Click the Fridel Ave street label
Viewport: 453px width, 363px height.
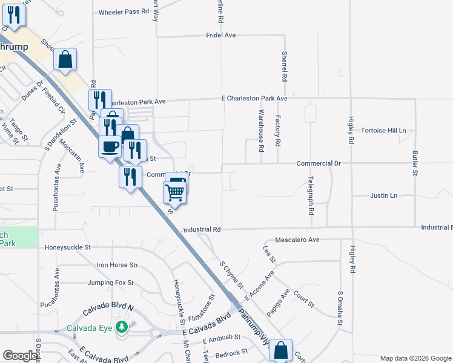(220, 36)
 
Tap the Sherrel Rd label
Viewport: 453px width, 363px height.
(283, 67)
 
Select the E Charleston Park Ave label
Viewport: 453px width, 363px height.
(254, 98)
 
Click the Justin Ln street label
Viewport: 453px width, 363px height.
(383, 196)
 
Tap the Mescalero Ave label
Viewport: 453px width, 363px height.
(297, 240)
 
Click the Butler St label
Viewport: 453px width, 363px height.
(415, 163)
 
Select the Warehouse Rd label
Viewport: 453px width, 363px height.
(261, 130)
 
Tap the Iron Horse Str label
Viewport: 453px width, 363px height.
(117, 265)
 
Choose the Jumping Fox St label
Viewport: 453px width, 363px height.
(110, 283)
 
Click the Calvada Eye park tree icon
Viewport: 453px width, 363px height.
(122, 327)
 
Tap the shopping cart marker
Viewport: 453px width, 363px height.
(174, 192)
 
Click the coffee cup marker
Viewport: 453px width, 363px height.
(110, 147)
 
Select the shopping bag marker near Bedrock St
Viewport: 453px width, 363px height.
(280, 350)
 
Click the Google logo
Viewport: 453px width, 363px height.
(20, 356)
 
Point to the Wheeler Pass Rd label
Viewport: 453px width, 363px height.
(124, 12)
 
